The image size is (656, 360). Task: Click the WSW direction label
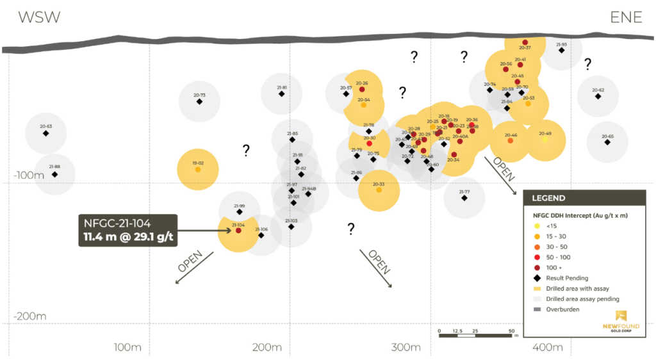[x=39, y=17]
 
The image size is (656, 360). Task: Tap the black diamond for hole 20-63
[x=45, y=133]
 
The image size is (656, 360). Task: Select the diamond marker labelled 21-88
[x=54, y=174]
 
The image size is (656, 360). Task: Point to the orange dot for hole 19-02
[x=198, y=170]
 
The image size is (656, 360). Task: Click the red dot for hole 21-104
[x=238, y=231]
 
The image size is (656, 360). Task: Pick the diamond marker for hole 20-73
[x=199, y=101]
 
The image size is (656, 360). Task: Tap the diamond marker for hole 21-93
[x=562, y=50]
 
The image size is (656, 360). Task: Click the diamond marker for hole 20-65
[x=607, y=142]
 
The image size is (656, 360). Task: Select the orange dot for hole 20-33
[x=379, y=190]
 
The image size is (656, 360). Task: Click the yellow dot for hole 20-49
[x=545, y=139]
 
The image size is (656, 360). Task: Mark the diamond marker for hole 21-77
[x=464, y=198]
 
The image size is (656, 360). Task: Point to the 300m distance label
[x=406, y=348]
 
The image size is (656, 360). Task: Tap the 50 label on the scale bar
[x=511, y=331]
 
